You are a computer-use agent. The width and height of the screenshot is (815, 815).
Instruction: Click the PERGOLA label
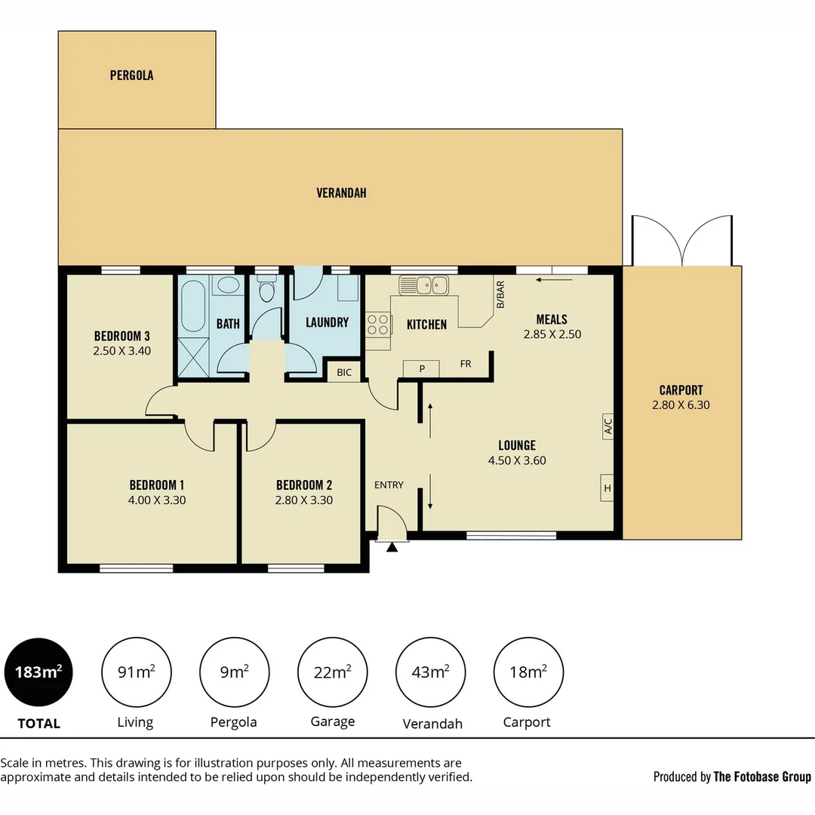coord(131,75)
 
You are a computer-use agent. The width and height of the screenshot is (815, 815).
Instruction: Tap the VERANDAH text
coord(341,193)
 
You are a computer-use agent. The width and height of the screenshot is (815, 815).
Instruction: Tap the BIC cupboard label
coord(344,372)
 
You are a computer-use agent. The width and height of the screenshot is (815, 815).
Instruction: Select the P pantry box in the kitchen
coord(423,368)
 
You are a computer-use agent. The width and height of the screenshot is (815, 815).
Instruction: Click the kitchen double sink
coord(423,285)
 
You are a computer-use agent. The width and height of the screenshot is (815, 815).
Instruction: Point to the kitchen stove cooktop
coord(378,324)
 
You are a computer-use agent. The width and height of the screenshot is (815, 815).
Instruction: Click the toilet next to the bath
coord(265,290)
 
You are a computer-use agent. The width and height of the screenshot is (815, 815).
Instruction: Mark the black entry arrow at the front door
coord(392,546)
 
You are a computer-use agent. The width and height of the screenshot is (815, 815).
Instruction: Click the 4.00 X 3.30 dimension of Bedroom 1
coord(157,500)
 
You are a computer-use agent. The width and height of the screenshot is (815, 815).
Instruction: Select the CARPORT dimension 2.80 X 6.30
coord(681,404)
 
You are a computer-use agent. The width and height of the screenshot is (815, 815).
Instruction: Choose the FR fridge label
coord(466,364)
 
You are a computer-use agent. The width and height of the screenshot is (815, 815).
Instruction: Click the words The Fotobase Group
coord(762,777)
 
